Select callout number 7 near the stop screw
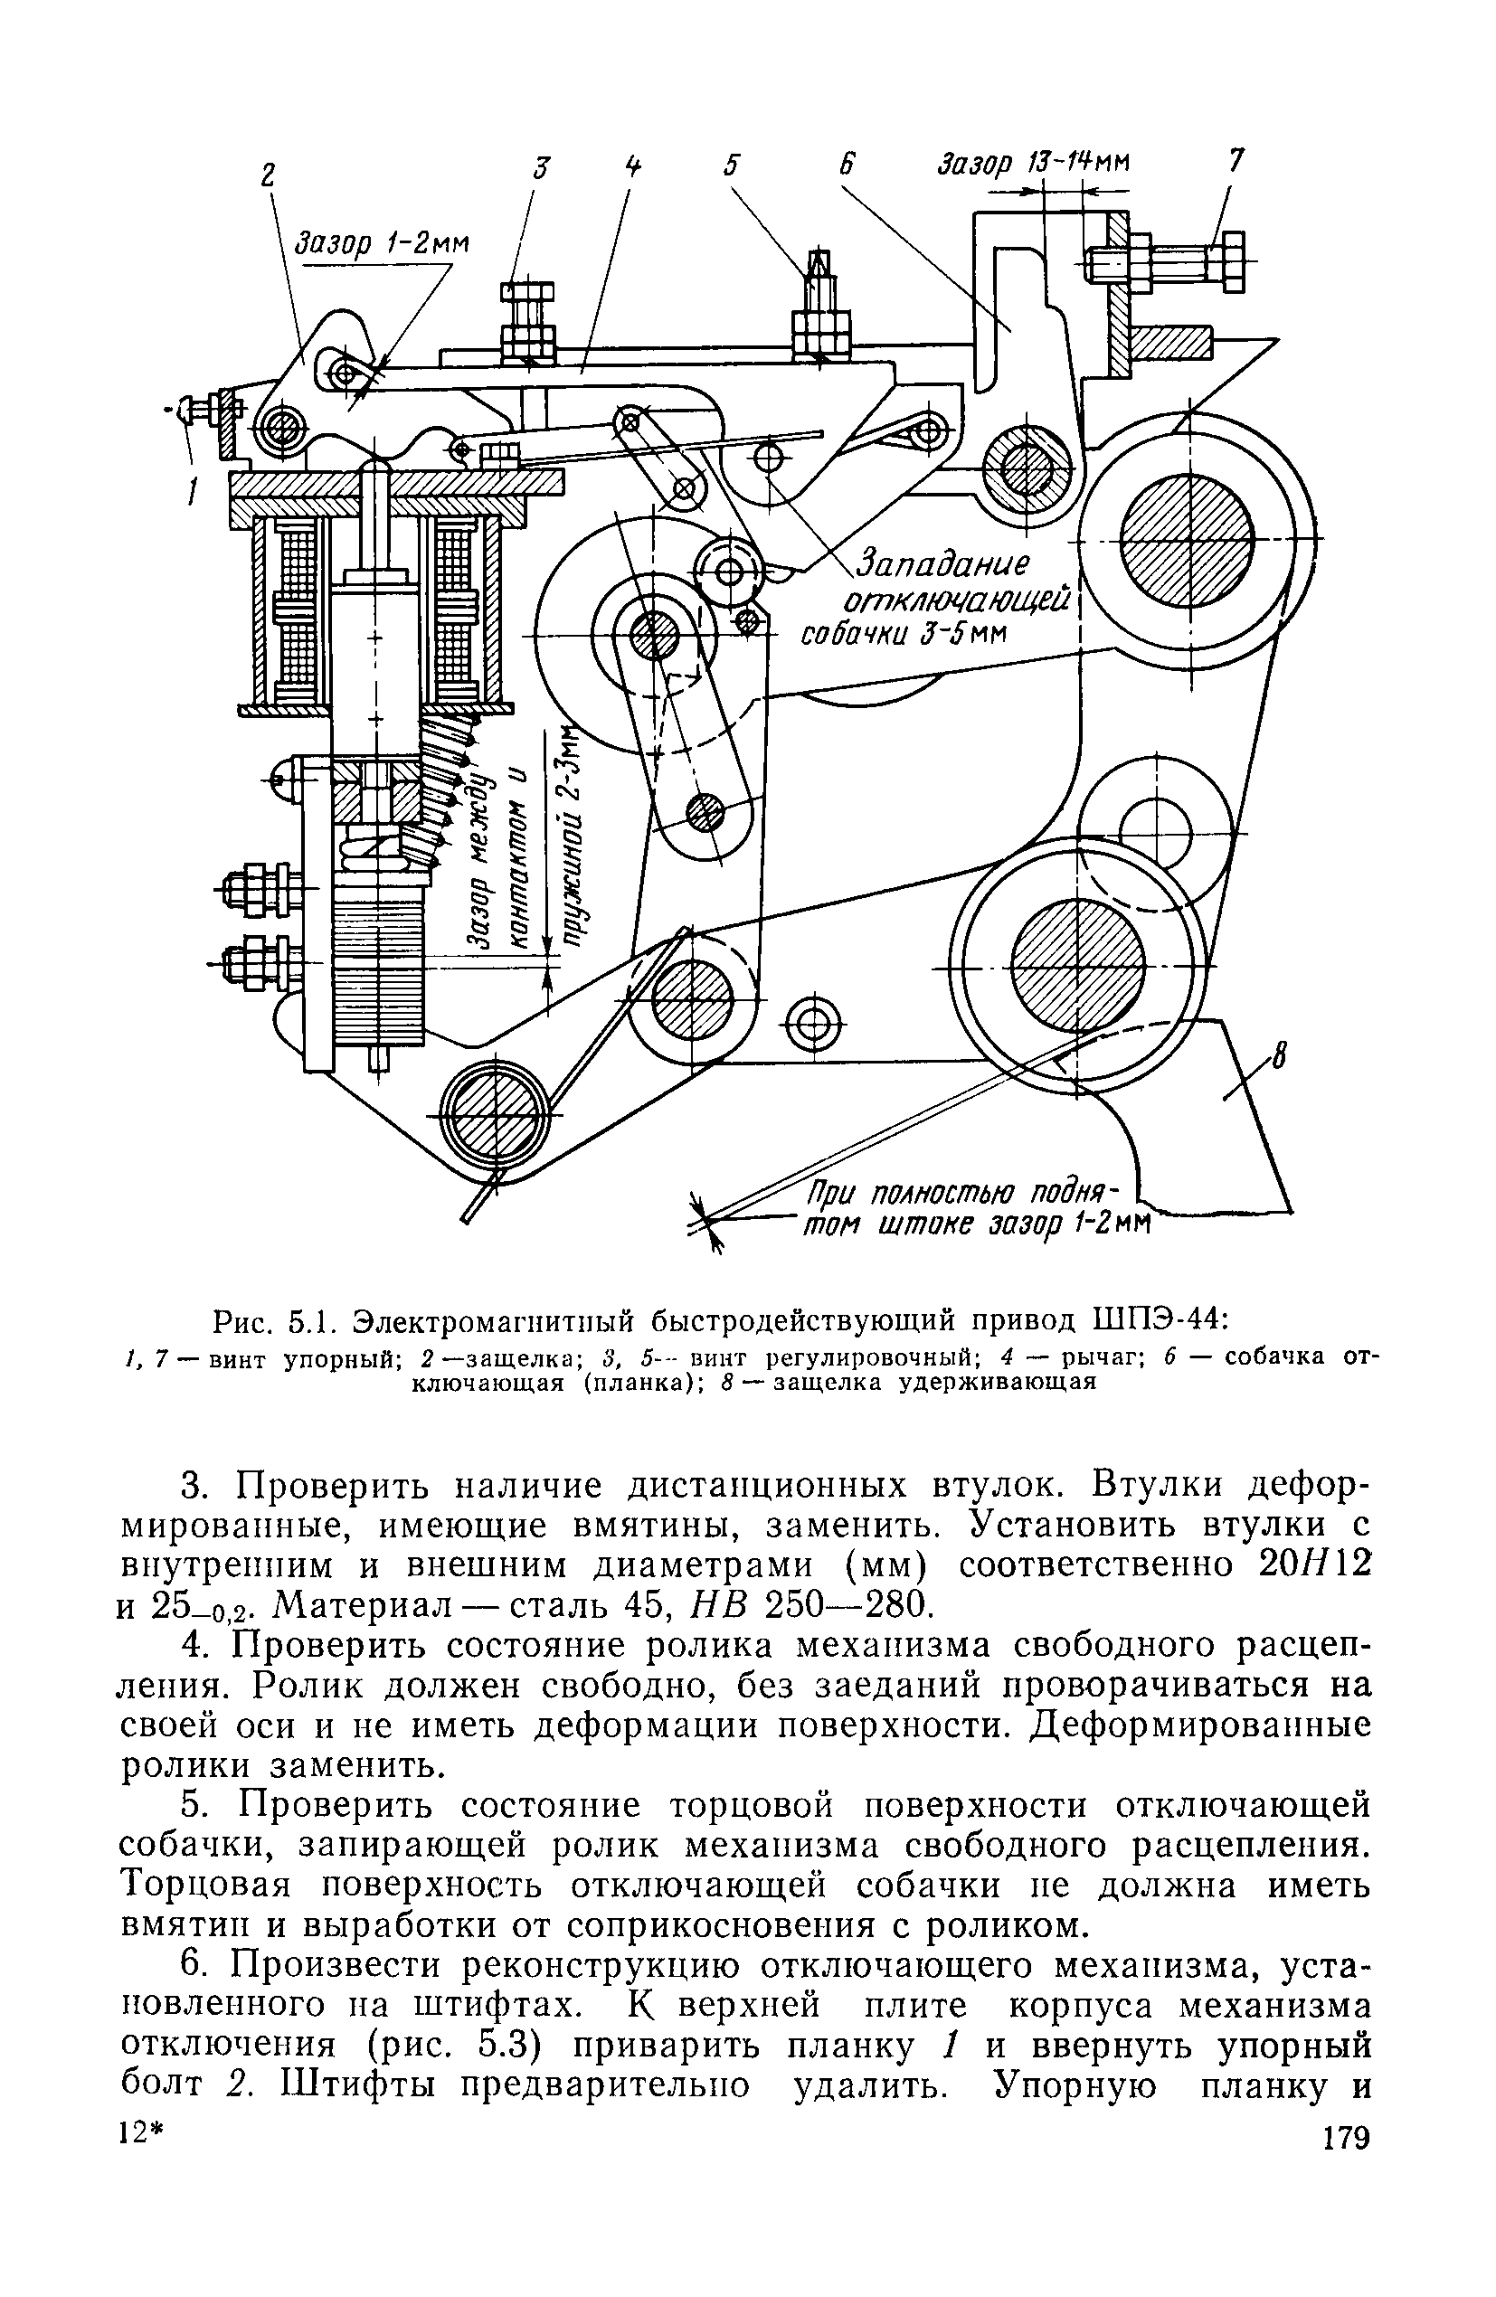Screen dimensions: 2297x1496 click(x=1236, y=159)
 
